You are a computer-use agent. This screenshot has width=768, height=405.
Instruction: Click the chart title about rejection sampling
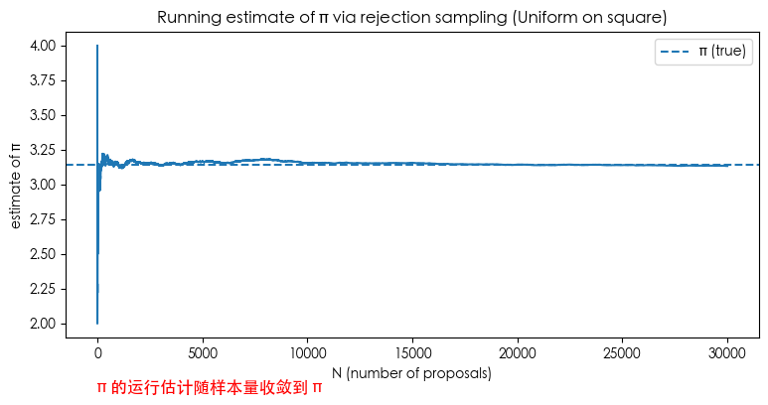(411, 17)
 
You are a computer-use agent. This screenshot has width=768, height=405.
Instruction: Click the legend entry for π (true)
(702, 53)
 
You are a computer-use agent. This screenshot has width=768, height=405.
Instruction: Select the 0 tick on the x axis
(97, 352)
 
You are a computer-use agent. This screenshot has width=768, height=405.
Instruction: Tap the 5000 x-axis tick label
(202, 352)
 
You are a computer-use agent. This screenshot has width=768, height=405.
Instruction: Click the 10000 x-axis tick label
(307, 352)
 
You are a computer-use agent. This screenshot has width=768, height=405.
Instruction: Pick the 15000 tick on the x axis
(412, 352)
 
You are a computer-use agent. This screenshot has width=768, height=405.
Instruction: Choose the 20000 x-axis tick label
(517, 352)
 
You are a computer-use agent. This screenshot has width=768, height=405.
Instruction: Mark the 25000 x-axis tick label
(622, 352)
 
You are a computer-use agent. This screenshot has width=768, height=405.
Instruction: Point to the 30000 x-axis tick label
(727, 352)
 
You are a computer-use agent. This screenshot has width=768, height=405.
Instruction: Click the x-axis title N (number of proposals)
(411, 374)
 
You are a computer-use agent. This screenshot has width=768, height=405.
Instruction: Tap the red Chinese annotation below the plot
(210, 388)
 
